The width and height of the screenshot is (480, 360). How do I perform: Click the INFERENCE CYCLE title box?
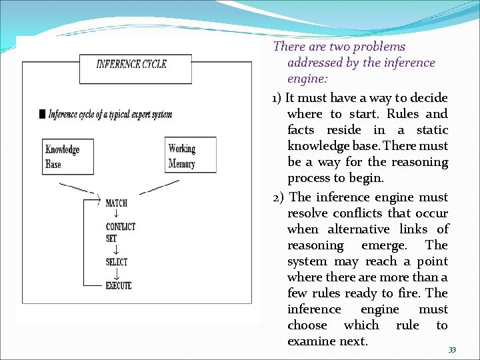pos(131,65)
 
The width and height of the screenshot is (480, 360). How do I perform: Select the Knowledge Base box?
pos(62,157)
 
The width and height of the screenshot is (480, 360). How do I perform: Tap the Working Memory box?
pos(190,155)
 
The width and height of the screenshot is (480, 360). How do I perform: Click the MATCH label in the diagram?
pos(116,203)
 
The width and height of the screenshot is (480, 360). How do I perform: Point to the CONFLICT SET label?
pos(120,232)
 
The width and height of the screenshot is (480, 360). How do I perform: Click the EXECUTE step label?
pos(119,286)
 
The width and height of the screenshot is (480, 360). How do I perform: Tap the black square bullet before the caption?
pos(43,114)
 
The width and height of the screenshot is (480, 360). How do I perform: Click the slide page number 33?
pos(452,350)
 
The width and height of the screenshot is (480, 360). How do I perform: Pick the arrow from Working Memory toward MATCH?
pos(160,187)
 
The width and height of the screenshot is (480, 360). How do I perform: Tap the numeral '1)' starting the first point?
pos(277,98)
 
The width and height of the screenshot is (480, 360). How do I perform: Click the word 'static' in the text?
pos(431,130)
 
